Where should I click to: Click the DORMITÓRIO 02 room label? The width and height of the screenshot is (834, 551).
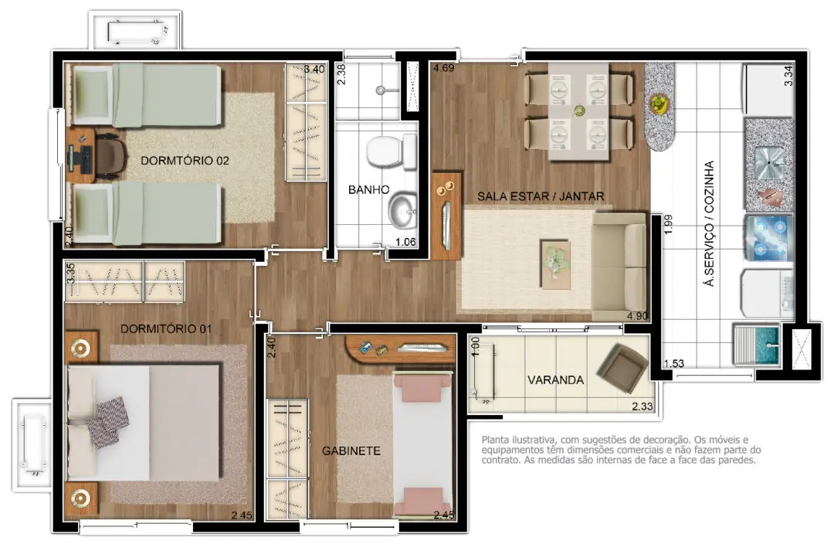[x=185, y=160]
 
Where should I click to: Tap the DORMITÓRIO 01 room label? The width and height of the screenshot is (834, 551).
[x=165, y=328]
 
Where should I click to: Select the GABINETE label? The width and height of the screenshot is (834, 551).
[x=351, y=451]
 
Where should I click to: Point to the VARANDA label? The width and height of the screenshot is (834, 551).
[x=555, y=379]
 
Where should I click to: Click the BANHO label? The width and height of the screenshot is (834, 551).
[x=368, y=189]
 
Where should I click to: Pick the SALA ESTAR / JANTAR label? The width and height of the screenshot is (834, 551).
[x=541, y=196]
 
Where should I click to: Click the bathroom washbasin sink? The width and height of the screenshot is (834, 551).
[x=403, y=212]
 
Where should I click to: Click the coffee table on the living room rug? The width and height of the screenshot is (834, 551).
[x=556, y=264]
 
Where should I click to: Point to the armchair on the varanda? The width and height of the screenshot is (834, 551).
[x=622, y=367]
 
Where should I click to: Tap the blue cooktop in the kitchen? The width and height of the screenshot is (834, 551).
[x=770, y=238]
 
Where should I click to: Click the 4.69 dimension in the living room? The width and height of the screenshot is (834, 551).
[x=443, y=68]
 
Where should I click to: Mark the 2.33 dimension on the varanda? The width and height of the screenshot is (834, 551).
[x=642, y=406]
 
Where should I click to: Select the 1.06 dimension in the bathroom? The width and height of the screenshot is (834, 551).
[x=405, y=242]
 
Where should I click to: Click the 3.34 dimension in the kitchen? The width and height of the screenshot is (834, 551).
[x=788, y=75]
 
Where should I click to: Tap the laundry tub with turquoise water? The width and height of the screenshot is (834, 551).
[x=756, y=344]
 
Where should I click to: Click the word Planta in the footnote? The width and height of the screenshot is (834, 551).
[x=495, y=440]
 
